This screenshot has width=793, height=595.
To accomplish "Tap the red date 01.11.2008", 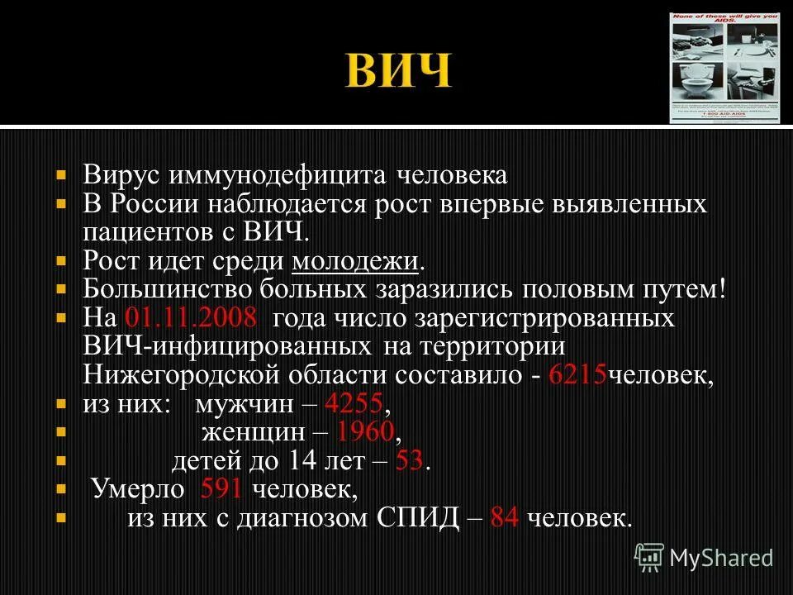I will [x=191, y=318].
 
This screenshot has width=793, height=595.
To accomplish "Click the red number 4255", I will [x=354, y=406].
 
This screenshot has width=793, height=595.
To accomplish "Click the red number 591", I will [x=221, y=489].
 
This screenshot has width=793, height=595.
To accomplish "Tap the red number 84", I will [x=504, y=518].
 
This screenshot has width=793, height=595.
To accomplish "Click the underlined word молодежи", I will [x=355, y=262].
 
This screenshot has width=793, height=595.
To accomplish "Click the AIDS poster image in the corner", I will [x=724, y=67].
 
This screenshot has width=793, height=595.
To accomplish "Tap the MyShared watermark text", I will [x=720, y=558].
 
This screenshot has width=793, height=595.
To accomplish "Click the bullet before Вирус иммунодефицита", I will [x=61, y=176].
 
